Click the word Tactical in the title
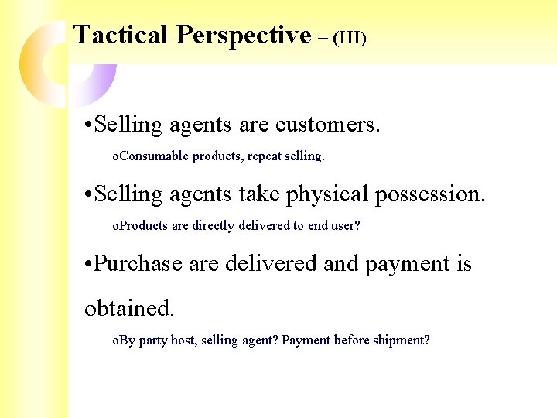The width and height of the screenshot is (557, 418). (x=121, y=35)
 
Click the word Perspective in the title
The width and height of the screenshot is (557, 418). (x=243, y=35)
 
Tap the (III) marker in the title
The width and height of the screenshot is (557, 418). (x=349, y=37)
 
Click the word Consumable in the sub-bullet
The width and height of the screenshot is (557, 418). (x=155, y=156)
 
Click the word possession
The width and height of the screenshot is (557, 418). (x=430, y=194)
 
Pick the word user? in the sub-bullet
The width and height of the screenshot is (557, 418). (x=346, y=226)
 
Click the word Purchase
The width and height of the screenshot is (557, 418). (x=138, y=263)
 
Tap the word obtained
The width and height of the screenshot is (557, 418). (x=129, y=308)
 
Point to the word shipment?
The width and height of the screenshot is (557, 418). (x=400, y=341)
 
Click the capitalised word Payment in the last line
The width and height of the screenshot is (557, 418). (x=306, y=341)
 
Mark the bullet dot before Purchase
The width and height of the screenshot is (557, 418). (x=88, y=265)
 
